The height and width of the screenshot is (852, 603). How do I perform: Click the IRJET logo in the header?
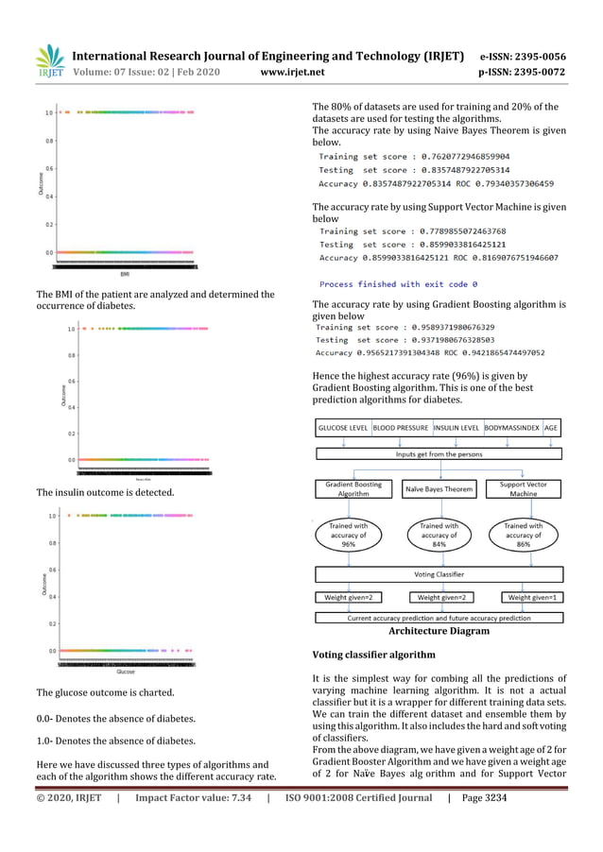[49, 61]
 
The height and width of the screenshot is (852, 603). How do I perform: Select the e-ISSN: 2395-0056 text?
[524, 56]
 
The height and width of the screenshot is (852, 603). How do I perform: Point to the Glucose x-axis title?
[125, 672]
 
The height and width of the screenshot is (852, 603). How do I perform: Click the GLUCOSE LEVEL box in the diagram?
[343, 428]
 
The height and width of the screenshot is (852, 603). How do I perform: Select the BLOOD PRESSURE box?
[401, 428]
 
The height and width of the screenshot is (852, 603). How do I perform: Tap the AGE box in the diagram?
[551, 428]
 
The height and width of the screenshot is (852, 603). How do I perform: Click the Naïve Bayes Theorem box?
[439, 489]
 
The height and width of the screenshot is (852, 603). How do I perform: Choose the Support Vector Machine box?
[524, 489]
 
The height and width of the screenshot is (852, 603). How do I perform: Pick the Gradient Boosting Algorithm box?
[353, 489]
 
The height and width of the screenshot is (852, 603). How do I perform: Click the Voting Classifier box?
[439, 573]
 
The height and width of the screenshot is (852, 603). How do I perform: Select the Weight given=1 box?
[533, 597]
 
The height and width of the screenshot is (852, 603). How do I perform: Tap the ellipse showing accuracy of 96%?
[349, 535]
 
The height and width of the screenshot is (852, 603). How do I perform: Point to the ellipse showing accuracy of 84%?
[439, 535]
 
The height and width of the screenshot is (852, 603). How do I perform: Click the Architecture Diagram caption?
[439, 631]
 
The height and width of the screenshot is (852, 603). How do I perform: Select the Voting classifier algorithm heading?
[373, 655]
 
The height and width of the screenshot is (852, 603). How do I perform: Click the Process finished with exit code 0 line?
[398, 283]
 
